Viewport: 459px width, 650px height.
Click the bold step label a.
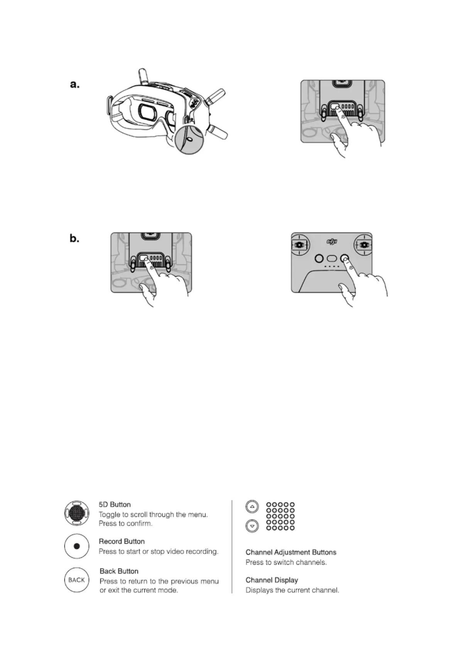point(75,85)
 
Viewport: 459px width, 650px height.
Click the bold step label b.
point(74,239)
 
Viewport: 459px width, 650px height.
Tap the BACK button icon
point(76,579)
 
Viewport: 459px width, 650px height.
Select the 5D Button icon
point(77,513)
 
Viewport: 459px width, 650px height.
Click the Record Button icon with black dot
point(77,546)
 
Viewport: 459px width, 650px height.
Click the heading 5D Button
point(115,504)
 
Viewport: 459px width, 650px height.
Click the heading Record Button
point(121,542)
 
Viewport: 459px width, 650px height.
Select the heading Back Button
point(119,571)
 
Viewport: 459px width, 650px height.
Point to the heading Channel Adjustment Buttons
point(291,552)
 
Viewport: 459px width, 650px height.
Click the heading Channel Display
point(272,580)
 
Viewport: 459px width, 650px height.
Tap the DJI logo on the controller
point(332,242)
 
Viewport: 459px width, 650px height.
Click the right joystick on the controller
point(364,245)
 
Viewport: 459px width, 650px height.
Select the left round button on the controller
point(319,258)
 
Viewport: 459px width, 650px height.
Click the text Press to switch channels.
point(286,562)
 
